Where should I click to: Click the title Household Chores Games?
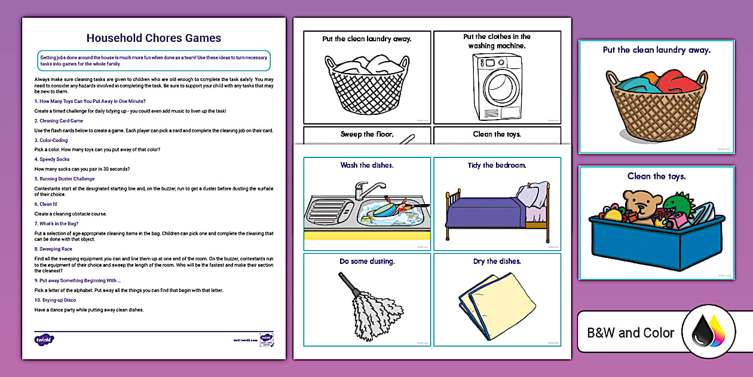click(x=154, y=38)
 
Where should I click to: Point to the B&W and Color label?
click(x=630, y=333)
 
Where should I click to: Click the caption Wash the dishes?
click(x=367, y=165)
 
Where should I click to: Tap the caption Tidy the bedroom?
click(x=497, y=165)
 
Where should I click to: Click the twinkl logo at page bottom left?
click(x=44, y=340)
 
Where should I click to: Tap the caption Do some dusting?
click(x=367, y=262)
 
